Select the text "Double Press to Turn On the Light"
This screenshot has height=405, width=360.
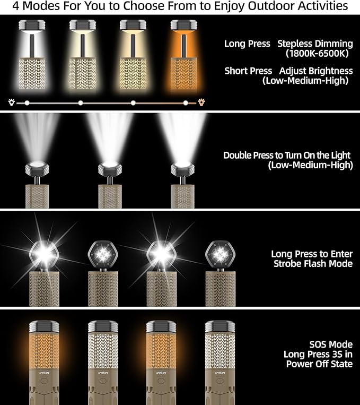[x=287, y=155]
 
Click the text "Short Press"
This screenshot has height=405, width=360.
[x=248, y=71]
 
